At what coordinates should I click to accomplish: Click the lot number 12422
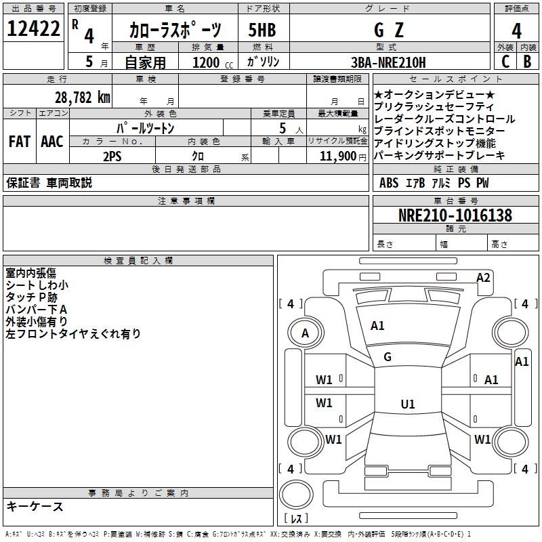point(33,29)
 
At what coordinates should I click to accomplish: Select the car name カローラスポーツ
point(175,30)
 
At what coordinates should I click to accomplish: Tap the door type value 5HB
point(263,30)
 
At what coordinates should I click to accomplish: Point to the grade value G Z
point(388,30)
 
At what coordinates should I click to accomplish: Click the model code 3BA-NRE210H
point(390,62)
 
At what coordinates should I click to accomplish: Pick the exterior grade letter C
point(505,62)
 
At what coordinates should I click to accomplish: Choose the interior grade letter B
point(527,62)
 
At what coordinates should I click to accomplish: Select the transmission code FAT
point(19,142)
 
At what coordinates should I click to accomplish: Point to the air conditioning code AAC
point(52,142)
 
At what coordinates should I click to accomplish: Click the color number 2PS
point(112,156)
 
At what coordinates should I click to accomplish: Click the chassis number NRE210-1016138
point(455,215)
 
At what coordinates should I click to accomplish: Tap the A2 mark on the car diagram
point(483,277)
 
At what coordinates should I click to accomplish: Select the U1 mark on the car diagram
point(407,404)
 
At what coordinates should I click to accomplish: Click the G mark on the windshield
point(388,357)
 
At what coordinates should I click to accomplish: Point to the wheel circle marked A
point(305,333)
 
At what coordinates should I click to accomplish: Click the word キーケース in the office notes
point(35,507)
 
